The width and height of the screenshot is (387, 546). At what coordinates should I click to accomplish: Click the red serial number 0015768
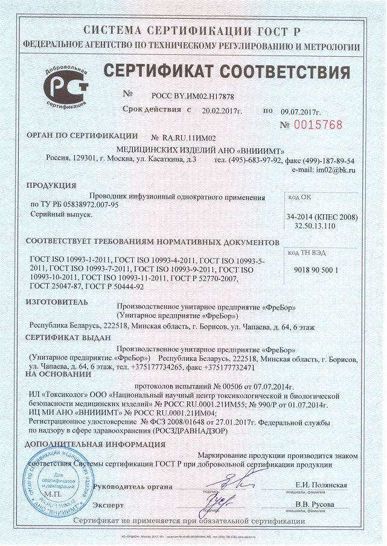pyautogui.click(x=319, y=125)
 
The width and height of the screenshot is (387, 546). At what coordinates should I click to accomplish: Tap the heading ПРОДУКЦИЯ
pyautogui.click(x=52, y=185)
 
